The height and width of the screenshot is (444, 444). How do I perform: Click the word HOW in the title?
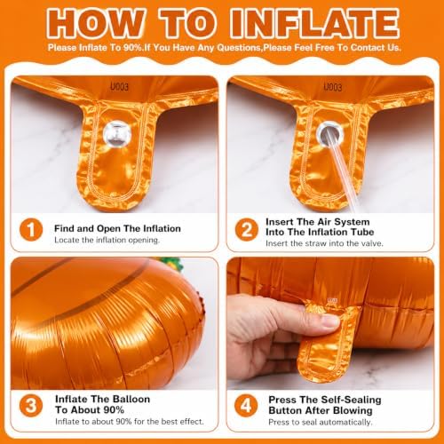coord(96,23)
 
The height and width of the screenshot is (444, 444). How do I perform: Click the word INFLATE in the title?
coord(314,23)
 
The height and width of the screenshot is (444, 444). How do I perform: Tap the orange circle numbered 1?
coord(31,230)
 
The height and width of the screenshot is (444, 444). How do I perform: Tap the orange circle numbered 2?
coord(247,230)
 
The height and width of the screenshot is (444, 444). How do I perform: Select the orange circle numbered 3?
coord(31,406)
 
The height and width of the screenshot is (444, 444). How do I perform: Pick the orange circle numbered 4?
coord(246,406)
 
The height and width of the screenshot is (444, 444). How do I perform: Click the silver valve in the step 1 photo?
coord(117,133)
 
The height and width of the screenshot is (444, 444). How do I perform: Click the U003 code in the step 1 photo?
coord(119,87)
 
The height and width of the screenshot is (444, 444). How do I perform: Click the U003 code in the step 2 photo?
coord(333,87)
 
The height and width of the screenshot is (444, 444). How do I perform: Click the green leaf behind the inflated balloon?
coord(171,264)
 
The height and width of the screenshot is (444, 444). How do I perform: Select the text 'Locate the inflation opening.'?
coord(107,240)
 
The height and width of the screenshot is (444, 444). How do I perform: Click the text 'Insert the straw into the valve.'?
coord(324,243)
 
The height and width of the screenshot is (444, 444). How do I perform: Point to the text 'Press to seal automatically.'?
coord(321,422)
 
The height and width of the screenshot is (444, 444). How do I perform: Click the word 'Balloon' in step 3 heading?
coord(131,399)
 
